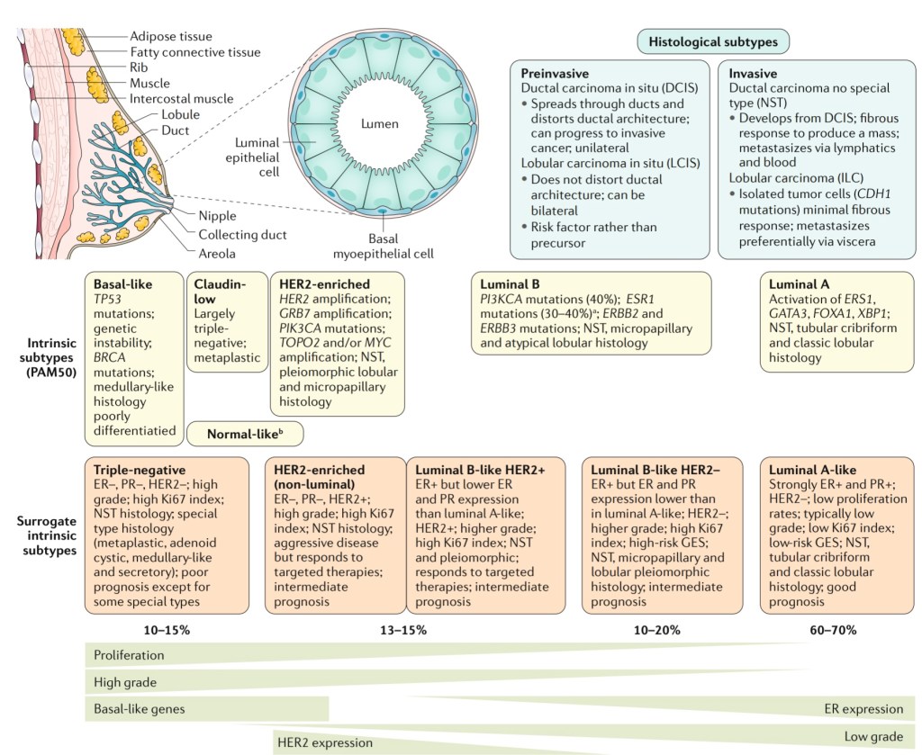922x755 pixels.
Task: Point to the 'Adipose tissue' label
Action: pyautogui.click(x=170, y=36)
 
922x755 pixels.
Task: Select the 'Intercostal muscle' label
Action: pyautogui.click(x=181, y=98)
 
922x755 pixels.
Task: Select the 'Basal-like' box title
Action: pyautogui.click(x=122, y=283)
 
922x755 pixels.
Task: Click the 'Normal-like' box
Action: pyautogui.click(x=245, y=434)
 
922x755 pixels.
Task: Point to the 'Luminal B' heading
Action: pyautogui.click(x=510, y=283)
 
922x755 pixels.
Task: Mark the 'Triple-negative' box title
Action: pyautogui.click(x=140, y=470)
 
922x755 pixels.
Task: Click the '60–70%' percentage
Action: pyautogui.click(x=832, y=629)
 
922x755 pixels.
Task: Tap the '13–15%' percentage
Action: pyautogui.click(x=402, y=629)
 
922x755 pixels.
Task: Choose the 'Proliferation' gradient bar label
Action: pyautogui.click(x=129, y=655)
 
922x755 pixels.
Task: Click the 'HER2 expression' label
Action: pyautogui.click(x=324, y=743)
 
